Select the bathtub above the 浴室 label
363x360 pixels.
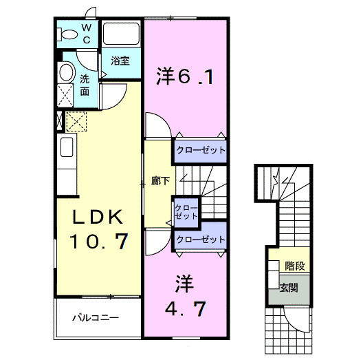pos(121,35)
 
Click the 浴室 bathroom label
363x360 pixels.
pos(120,61)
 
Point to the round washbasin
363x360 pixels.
pos(67,72)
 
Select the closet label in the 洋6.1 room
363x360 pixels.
pos(200,150)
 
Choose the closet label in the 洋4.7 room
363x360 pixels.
pos(200,240)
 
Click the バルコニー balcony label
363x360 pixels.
pos(96,319)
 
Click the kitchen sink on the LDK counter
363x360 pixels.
pos(66,147)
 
